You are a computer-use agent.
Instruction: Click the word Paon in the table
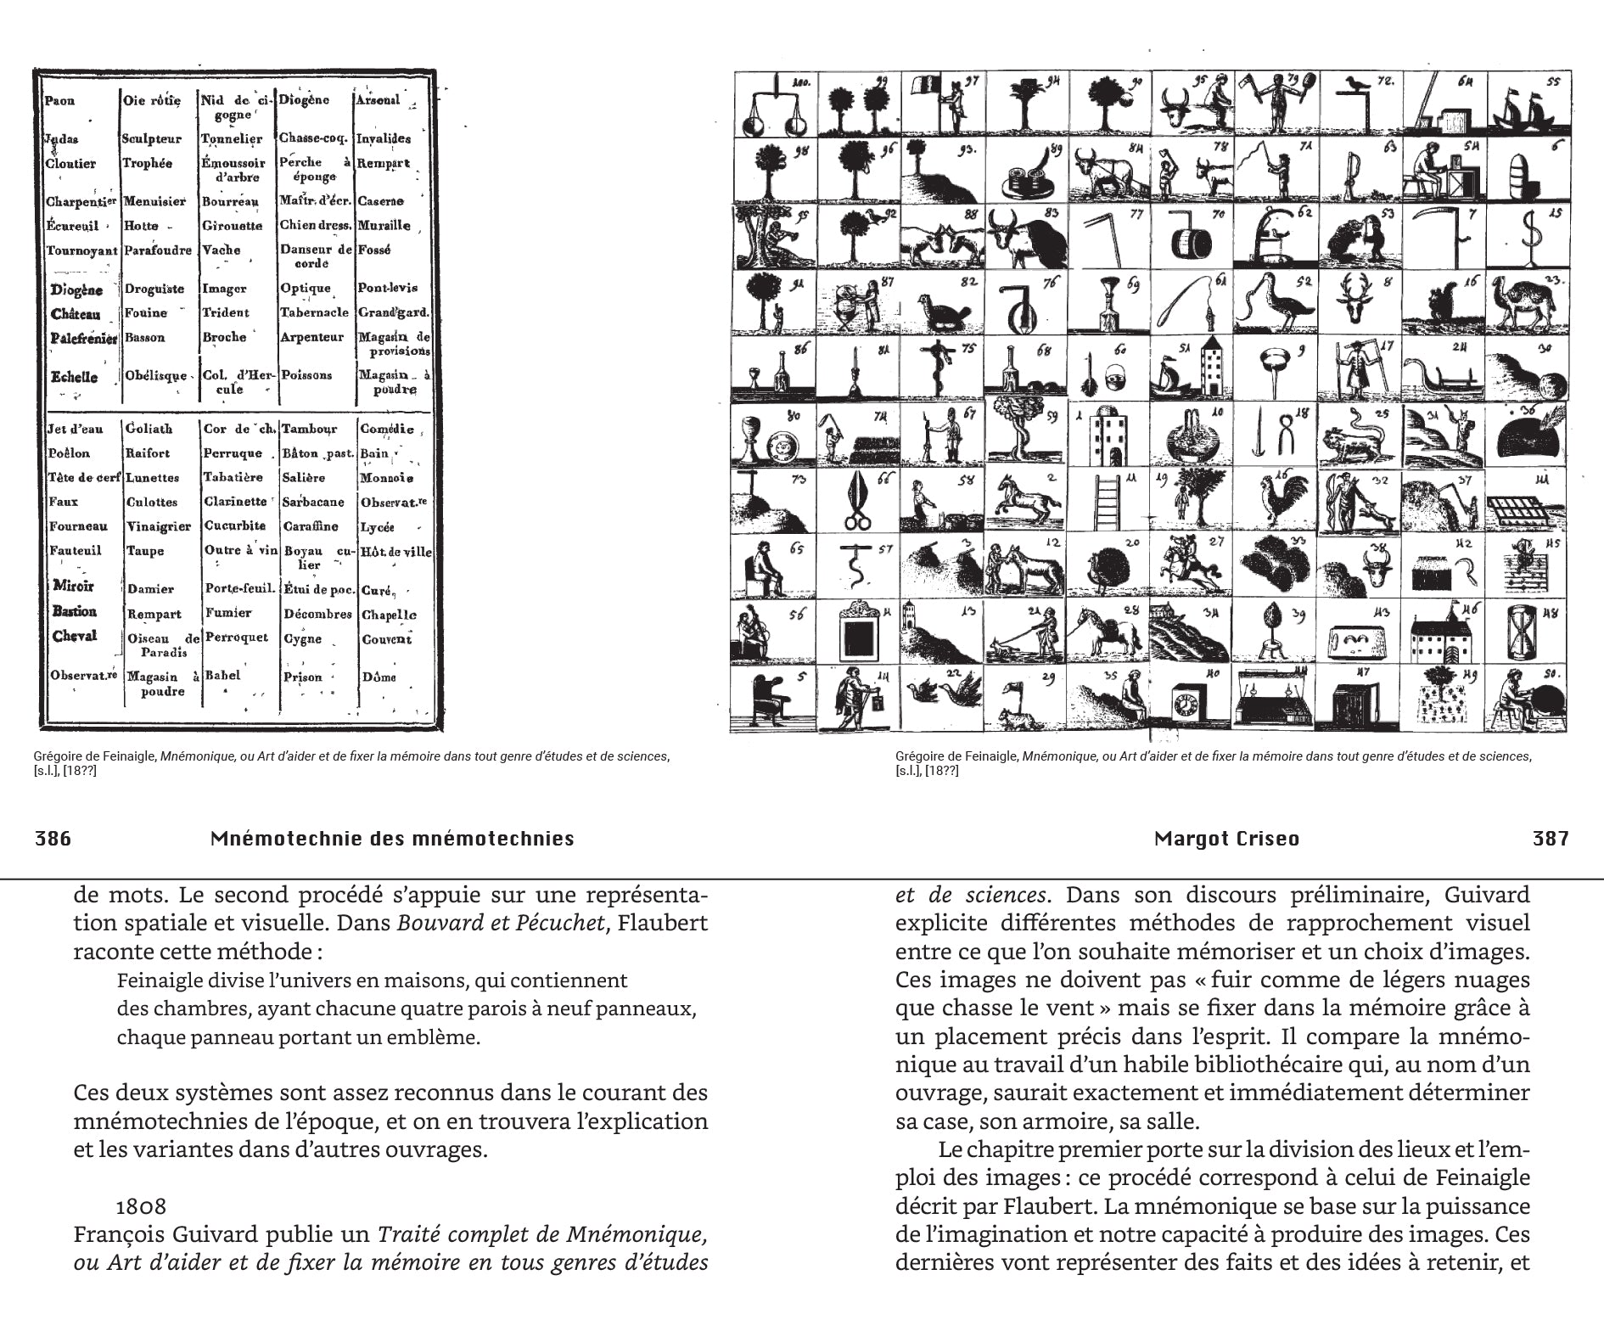click(x=60, y=101)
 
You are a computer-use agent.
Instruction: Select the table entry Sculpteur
click(x=151, y=138)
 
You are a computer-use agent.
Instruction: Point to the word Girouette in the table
click(x=232, y=226)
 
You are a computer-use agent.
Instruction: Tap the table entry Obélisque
click(x=155, y=376)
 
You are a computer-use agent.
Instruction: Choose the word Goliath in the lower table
click(x=149, y=429)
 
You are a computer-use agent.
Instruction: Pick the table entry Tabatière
click(x=233, y=477)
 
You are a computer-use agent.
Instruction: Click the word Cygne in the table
click(x=302, y=638)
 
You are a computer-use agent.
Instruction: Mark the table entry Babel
click(x=222, y=676)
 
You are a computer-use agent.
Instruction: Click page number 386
click(x=53, y=839)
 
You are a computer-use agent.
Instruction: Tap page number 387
click(x=1551, y=839)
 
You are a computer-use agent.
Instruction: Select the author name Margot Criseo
click(x=1226, y=839)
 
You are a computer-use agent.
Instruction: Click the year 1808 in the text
click(x=141, y=1205)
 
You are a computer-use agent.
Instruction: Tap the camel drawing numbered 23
click(x=1523, y=305)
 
